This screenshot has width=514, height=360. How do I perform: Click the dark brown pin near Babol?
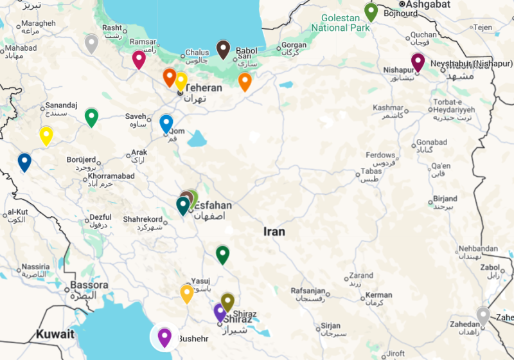click(x=223, y=49)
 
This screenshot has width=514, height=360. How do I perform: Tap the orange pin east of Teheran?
click(x=245, y=81)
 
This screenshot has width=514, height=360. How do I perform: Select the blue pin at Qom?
click(x=166, y=123)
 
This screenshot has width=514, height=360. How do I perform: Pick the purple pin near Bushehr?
click(x=164, y=336)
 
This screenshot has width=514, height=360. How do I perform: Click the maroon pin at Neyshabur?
click(x=418, y=62)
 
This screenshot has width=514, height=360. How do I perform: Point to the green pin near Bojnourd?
click(x=371, y=11)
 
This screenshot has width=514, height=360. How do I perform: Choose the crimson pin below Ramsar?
click(x=139, y=59)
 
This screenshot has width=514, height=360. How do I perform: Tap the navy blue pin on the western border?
click(x=24, y=161)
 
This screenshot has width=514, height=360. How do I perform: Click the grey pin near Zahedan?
click(x=483, y=315)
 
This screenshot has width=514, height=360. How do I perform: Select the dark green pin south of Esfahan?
click(x=222, y=254)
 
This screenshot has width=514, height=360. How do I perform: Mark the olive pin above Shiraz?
click(x=227, y=301)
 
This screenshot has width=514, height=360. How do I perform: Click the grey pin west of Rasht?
click(x=91, y=43)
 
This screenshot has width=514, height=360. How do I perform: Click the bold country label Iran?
click(x=274, y=231)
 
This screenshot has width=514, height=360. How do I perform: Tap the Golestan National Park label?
click(x=341, y=23)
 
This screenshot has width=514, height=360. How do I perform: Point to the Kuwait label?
click(x=55, y=334)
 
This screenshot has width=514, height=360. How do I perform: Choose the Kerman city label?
click(x=378, y=296)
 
